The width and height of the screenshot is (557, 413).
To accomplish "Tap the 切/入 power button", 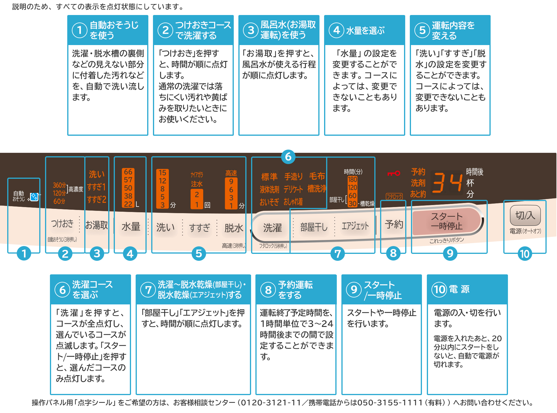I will (x=525, y=215).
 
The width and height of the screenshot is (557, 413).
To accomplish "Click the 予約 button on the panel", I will (x=394, y=224).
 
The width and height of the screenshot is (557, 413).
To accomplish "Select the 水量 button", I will (x=131, y=227).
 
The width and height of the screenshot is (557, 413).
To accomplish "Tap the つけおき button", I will (x=62, y=224).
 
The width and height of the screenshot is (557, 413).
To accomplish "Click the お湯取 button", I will (x=97, y=225).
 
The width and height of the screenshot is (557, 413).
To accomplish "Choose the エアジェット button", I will (x=355, y=226).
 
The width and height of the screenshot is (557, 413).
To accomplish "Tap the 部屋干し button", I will (x=314, y=227).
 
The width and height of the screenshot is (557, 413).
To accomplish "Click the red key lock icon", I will (x=394, y=173).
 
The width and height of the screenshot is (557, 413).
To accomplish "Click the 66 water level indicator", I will (x=128, y=172).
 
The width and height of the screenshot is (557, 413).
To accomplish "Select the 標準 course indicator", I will (x=269, y=176).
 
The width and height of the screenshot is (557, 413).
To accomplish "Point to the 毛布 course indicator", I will (x=317, y=176).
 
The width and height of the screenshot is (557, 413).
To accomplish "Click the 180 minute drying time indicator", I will (x=352, y=179).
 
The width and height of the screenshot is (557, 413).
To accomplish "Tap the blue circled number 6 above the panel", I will (x=288, y=157).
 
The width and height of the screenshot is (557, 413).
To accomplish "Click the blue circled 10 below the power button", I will (x=525, y=254).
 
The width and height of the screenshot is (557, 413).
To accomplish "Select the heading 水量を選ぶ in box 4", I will (x=365, y=30).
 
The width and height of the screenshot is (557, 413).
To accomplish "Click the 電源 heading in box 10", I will (x=459, y=289).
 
